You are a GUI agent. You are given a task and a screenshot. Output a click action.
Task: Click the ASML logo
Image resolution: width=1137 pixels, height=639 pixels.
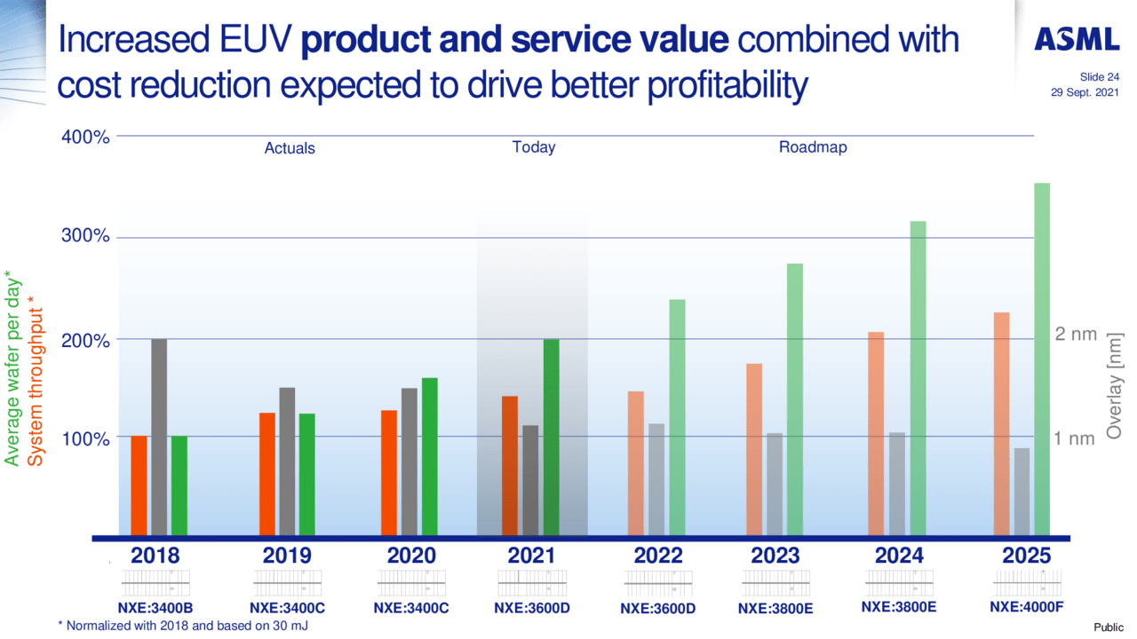tap(1077, 39)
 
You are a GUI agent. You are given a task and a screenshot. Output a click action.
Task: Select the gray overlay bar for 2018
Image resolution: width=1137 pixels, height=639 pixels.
tap(159, 438)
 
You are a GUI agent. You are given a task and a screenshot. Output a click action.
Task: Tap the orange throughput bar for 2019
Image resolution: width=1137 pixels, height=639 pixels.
tap(266, 475)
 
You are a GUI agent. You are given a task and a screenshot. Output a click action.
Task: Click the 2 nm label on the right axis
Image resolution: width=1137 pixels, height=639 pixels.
tap(1076, 335)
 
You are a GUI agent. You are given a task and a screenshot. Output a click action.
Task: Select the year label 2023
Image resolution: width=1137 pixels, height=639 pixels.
tap(775, 556)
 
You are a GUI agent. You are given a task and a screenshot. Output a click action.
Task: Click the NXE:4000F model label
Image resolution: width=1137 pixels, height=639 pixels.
tap(1027, 608)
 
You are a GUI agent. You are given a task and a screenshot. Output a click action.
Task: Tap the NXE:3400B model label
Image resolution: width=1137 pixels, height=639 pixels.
tap(155, 609)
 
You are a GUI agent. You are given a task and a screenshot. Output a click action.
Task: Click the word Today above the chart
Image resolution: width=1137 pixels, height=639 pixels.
tap(534, 147)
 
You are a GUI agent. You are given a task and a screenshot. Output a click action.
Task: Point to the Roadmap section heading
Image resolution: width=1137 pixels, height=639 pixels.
tap(813, 147)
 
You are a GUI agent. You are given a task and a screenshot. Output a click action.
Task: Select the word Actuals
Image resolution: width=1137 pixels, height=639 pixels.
tap(290, 148)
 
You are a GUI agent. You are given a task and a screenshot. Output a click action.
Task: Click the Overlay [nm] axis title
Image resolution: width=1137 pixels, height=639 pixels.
tap(1115, 386)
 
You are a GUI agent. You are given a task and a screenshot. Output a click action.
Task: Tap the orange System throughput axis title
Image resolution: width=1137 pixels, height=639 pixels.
tap(35, 382)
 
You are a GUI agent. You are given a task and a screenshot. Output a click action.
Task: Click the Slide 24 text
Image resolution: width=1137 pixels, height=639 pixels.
tap(1099, 77)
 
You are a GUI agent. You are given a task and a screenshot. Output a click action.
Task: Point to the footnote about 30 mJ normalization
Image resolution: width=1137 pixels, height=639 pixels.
tap(183, 626)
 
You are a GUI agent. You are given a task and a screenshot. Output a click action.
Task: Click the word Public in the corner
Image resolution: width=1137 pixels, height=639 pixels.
tap(1108, 627)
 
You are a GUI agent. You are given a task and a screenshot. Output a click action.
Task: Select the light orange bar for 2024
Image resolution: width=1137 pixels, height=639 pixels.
tap(876, 435)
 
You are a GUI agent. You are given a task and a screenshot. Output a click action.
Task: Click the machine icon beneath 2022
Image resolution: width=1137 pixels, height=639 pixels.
tap(658, 584)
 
